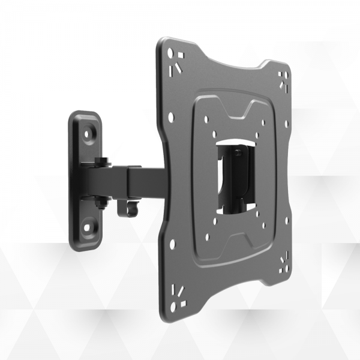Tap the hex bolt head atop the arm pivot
[103, 161]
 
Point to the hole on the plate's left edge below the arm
[173, 245]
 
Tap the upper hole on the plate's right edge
[286, 125]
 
